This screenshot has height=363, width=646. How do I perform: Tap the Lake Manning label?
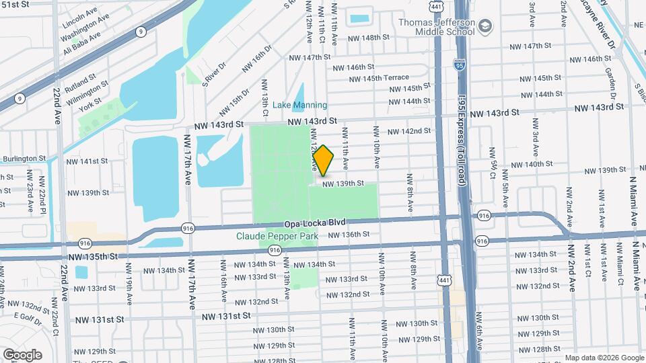point(300,106)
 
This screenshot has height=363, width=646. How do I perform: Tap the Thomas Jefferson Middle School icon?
point(486,26)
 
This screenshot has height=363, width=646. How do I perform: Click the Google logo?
point(22,354)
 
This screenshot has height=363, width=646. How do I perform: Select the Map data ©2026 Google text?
point(603,357)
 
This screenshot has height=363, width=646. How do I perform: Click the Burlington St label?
point(24,159)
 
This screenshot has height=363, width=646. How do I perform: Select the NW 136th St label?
point(349,235)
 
